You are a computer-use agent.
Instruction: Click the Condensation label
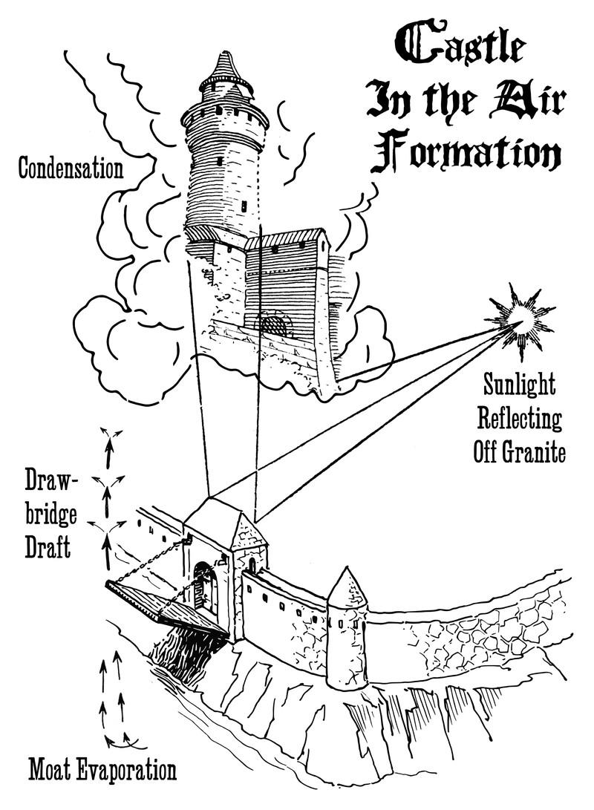(70, 169)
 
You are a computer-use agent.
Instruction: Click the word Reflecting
(518, 419)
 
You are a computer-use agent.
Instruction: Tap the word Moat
(55, 771)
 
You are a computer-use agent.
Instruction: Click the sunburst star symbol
(524, 319)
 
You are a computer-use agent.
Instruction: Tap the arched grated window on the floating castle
(273, 324)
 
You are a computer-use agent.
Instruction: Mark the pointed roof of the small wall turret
(346, 588)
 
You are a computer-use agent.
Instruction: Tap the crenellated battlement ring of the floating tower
(225, 112)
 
